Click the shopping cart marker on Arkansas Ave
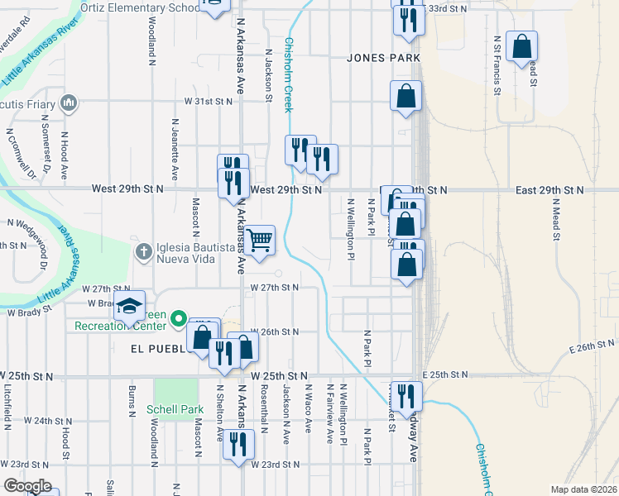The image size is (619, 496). coord(260,241)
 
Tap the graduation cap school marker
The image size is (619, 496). coord(129,306)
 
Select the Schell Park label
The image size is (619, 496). coord(175,409)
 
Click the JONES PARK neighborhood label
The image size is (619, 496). coord(384,58)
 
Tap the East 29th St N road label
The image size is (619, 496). coord(549,190)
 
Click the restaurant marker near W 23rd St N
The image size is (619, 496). coord(238,445)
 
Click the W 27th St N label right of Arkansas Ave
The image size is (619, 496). coord(274,288)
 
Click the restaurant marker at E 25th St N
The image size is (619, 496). coord(406,395)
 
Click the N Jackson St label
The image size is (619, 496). coord(268,74)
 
